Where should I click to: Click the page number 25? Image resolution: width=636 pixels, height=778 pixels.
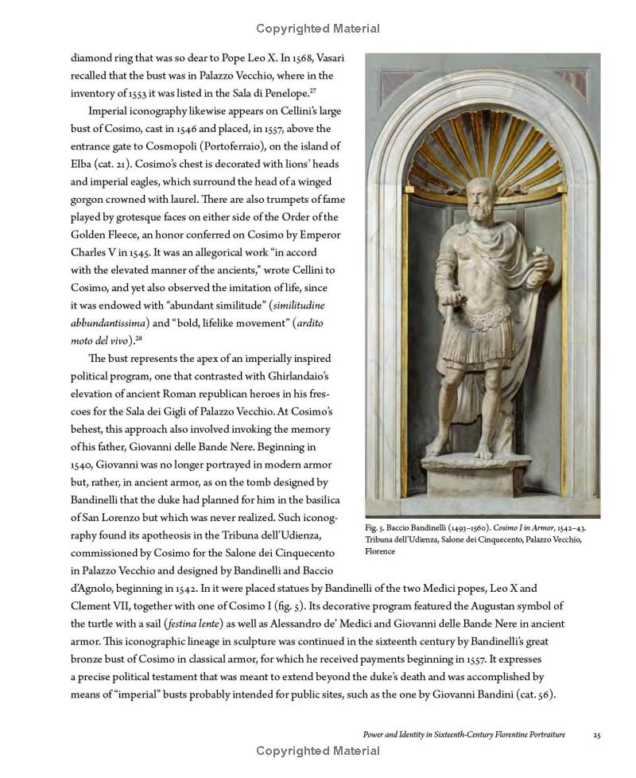point(596,734)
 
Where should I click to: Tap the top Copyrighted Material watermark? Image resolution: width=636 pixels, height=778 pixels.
point(318,29)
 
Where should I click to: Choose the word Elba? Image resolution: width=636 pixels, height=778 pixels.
point(83,164)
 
